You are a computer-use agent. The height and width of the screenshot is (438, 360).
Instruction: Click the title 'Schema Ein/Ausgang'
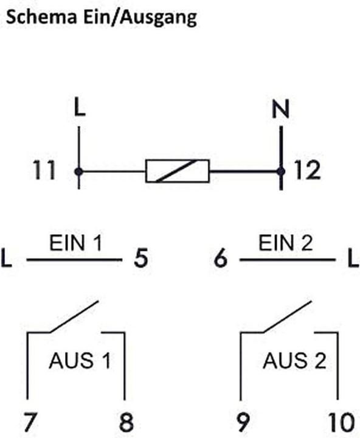(x=102, y=18)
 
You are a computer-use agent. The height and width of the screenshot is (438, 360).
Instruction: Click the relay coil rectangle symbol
(x=178, y=171)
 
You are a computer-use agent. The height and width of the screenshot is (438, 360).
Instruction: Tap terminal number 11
(x=44, y=170)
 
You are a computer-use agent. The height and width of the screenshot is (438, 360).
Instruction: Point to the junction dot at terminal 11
(x=79, y=171)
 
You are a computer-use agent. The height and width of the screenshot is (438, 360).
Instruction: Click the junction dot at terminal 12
(x=281, y=171)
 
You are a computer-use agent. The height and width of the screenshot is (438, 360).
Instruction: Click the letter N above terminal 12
(x=281, y=109)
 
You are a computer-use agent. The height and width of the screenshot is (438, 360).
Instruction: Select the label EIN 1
(x=75, y=243)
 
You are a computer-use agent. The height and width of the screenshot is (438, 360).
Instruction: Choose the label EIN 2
(x=285, y=243)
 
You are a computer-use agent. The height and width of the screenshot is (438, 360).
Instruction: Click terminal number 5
(x=140, y=258)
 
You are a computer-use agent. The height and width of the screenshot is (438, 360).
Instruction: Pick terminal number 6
(x=221, y=258)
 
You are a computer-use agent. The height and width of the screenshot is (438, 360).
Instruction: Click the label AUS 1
(x=80, y=361)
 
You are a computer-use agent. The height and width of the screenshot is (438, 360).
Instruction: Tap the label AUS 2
(x=294, y=361)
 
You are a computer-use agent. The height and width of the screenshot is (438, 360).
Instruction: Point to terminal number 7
(x=30, y=422)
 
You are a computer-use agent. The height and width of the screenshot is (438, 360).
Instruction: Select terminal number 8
(x=126, y=422)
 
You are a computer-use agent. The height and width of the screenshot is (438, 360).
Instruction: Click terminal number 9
(x=243, y=422)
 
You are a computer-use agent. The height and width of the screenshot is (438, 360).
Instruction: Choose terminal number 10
(x=341, y=422)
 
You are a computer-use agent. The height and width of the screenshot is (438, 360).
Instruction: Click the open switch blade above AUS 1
(x=74, y=317)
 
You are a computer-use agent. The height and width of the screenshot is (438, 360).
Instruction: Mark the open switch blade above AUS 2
(x=287, y=317)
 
